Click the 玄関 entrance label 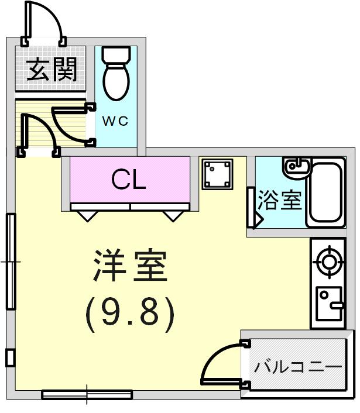point(52,70)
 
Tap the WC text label point(115,121)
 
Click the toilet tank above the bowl point(116,54)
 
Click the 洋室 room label point(130,265)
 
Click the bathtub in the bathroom point(325,192)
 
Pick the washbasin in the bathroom point(296,167)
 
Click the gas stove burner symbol point(328,262)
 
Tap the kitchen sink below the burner point(329,304)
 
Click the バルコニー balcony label point(298,367)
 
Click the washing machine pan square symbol point(217,174)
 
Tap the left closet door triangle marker point(88,216)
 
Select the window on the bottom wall point(87,394)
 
